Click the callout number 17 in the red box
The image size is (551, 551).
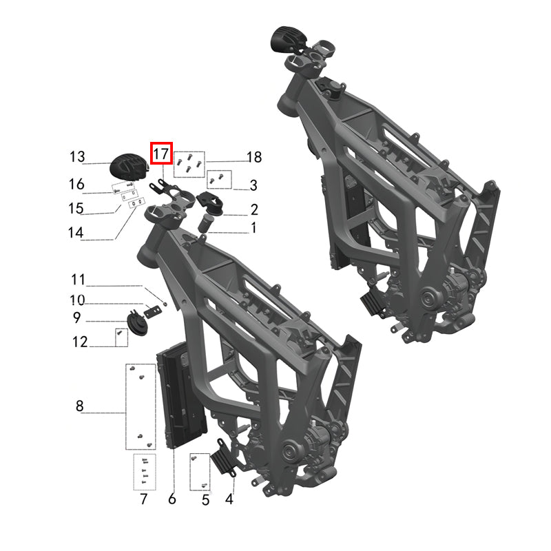click(x=161, y=153)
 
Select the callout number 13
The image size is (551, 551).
click(x=76, y=157)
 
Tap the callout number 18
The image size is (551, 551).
click(x=253, y=158)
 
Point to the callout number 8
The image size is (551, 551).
click(x=80, y=406)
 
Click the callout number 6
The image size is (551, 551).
click(x=172, y=499)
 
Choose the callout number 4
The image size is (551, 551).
click(x=229, y=499)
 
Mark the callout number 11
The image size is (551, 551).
click(x=79, y=280)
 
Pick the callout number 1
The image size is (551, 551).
click(x=253, y=227)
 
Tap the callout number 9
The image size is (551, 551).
click(x=76, y=318)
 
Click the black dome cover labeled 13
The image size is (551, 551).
click(x=129, y=168)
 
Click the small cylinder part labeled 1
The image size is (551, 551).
click(x=207, y=223)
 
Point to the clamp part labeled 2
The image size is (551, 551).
click(x=209, y=201)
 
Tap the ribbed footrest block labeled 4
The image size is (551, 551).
click(x=223, y=458)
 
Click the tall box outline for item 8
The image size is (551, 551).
click(x=140, y=406)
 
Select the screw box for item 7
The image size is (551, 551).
click(x=144, y=472)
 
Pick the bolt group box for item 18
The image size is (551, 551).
click(x=189, y=164)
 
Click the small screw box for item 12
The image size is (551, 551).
click(x=121, y=337)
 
